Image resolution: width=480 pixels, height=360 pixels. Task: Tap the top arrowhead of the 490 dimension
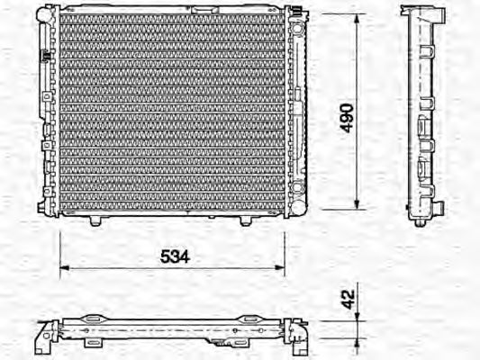360,18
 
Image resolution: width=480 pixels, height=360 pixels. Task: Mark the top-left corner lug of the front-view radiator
42,13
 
